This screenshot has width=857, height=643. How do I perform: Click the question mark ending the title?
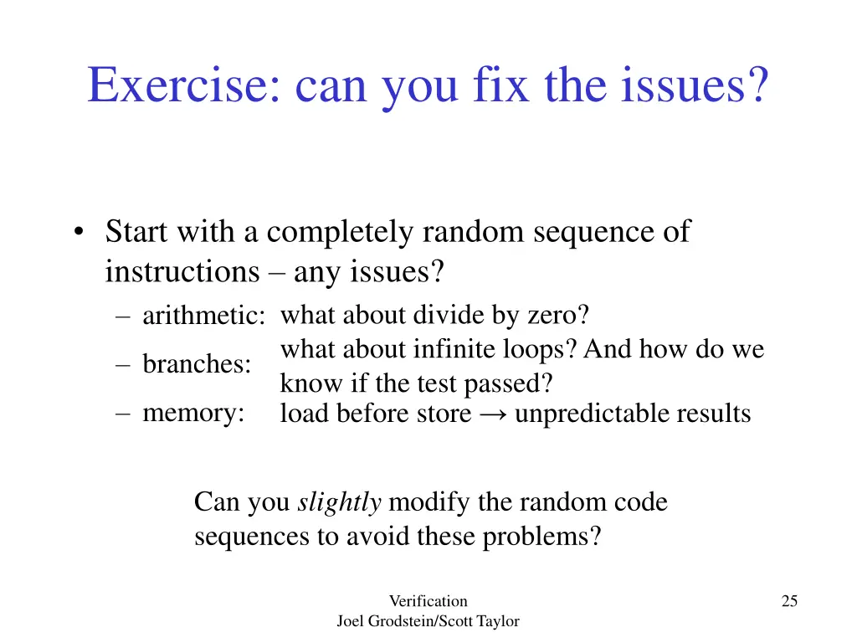[757, 85]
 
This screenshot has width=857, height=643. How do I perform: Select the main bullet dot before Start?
[78, 234]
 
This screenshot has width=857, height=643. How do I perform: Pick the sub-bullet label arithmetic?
[203, 316]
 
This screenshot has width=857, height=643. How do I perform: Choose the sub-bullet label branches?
[197, 364]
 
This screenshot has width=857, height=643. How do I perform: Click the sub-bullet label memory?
[193, 412]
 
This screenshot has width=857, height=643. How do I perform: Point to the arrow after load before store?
[493, 414]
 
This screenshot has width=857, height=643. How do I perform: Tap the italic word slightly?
[340, 502]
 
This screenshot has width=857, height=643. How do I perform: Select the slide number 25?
[789, 600]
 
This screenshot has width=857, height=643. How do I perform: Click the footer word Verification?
[428, 600]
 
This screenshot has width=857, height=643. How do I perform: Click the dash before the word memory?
[124, 413]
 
